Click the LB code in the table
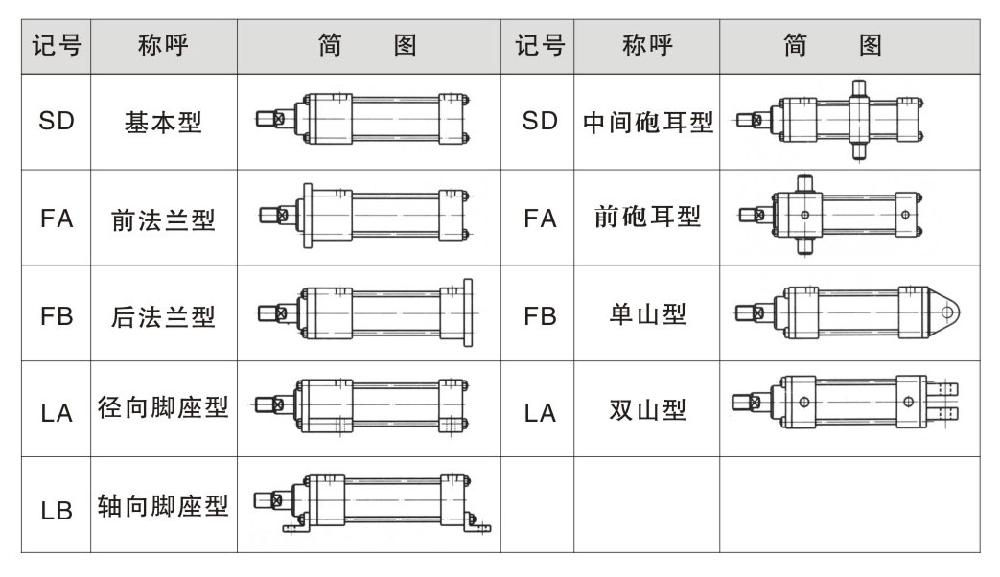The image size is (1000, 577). pyautogui.click(x=57, y=511)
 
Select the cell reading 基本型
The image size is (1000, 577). pyautogui.click(x=163, y=122)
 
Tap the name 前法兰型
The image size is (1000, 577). pyautogui.click(x=163, y=219)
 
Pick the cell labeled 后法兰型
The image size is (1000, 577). pyautogui.click(x=163, y=316)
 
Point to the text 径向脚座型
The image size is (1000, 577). pyautogui.click(x=163, y=407)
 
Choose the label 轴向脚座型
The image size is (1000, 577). pyautogui.click(x=163, y=506)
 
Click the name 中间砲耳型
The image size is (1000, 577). pyautogui.click(x=647, y=122)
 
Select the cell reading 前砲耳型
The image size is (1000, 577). pyautogui.click(x=647, y=217)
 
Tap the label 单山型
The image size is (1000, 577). pyautogui.click(x=647, y=314)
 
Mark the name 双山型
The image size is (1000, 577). pyautogui.click(x=647, y=409)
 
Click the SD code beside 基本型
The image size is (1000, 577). pyautogui.click(x=57, y=121)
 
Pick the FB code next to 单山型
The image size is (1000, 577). pyautogui.click(x=540, y=316)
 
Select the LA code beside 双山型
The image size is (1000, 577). pyautogui.click(x=540, y=413)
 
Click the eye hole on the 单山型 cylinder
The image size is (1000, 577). pyautogui.click(x=947, y=312)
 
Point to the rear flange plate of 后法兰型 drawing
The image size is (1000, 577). pyautogui.click(x=468, y=312)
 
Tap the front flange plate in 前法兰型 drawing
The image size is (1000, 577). pyautogui.click(x=308, y=215)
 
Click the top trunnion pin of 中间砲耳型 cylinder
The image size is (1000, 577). pyautogui.click(x=858, y=88)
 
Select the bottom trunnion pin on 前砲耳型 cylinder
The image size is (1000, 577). pyautogui.click(x=804, y=245)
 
